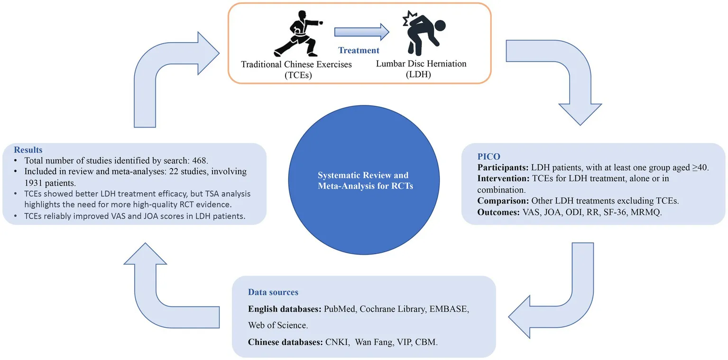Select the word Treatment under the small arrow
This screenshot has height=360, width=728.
tap(359, 50)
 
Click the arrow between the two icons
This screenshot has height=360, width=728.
tap(361, 32)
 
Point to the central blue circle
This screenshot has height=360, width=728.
tap(365, 181)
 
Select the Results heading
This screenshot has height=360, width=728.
tap(28, 150)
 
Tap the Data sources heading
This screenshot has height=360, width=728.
tap(273, 292)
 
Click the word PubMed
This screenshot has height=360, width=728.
tap(340, 309)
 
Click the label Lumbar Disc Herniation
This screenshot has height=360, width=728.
tap(421, 64)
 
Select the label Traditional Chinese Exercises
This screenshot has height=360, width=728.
tap(296, 64)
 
